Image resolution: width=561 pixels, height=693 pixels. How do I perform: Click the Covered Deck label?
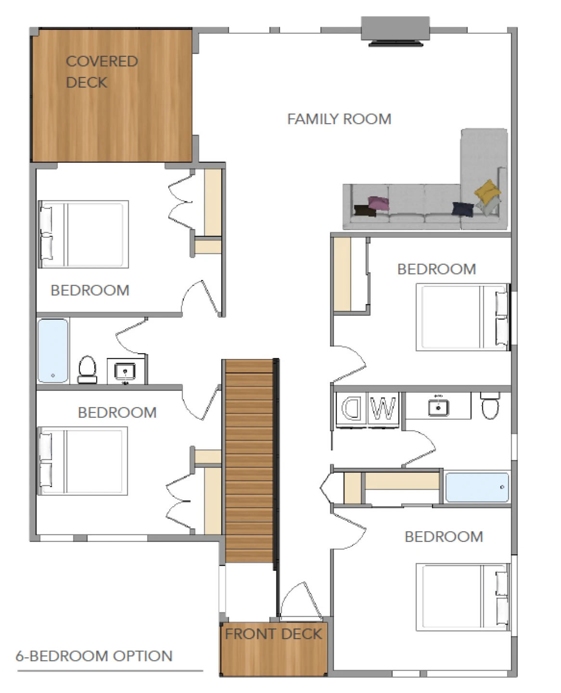pyautogui.click(x=102, y=72)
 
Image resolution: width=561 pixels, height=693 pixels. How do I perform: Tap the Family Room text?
pyautogui.click(x=339, y=119)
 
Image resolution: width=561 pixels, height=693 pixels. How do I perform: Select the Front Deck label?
pyautogui.click(x=273, y=634)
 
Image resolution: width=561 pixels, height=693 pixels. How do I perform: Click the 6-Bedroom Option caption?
pyautogui.click(x=94, y=656)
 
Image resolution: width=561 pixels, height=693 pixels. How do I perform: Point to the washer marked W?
pyautogui.click(x=383, y=408)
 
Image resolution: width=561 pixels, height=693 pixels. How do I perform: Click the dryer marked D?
pyautogui.click(x=352, y=408)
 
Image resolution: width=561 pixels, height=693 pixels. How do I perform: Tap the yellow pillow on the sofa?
pyautogui.click(x=487, y=191)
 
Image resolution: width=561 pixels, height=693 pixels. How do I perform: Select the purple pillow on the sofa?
pyautogui.click(x=379, y=203)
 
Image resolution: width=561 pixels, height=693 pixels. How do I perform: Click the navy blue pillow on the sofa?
pyautogui.click(x=463, y=208)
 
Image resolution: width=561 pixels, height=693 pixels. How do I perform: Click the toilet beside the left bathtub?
pyautogui.click(x=87, y=369)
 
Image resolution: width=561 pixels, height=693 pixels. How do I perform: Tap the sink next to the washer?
pyautogui.click(x=438, y=407)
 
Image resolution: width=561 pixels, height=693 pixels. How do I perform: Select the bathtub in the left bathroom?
pyautogui.click(x=53, y=350)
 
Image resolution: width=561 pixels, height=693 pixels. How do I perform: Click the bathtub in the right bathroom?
pyautogui.click(x=477, y=487)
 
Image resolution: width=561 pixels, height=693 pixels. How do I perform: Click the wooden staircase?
pyautogui.click(x=249, y=461)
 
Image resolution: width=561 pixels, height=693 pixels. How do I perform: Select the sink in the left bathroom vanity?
pyautogui.click(x=125, y=371)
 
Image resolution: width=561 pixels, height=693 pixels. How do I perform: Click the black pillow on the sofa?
pyautogui.click(x=365, y=210)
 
